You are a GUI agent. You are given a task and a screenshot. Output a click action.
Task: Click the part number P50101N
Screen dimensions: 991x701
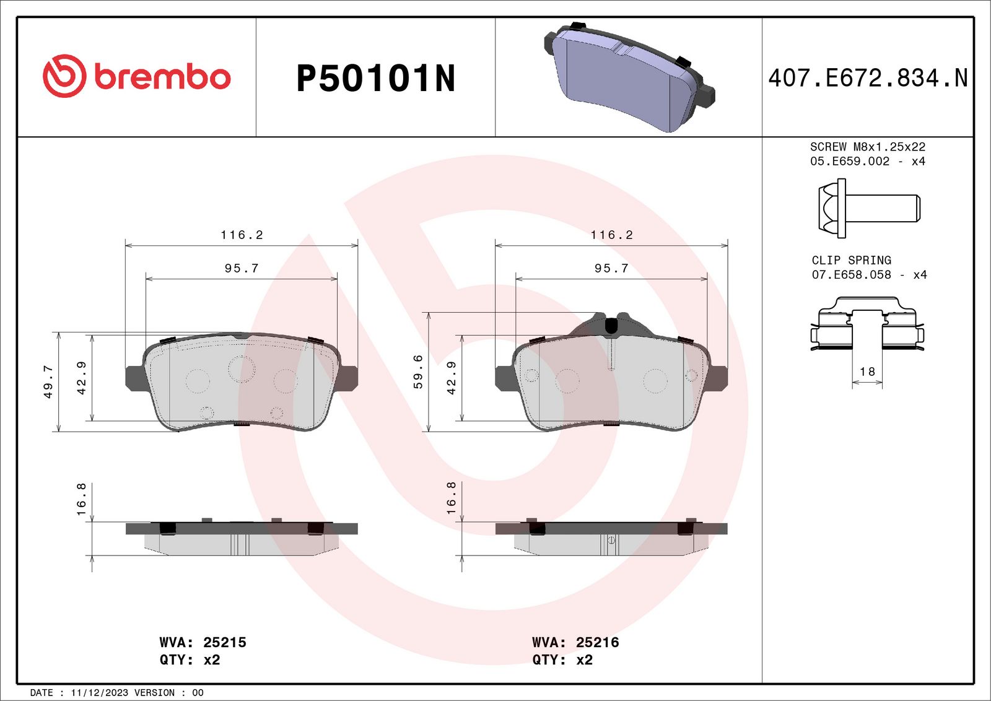point(375,78)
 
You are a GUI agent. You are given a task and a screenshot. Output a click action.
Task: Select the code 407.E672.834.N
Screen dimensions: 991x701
point(868,78)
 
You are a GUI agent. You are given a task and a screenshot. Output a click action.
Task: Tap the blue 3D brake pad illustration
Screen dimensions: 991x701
point(629,77)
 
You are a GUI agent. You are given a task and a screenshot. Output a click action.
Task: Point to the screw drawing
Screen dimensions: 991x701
point(870,208)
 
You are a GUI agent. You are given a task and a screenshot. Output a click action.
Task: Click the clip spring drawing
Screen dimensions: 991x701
point(867,324)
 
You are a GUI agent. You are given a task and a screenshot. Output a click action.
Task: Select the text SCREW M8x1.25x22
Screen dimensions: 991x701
point(868,146)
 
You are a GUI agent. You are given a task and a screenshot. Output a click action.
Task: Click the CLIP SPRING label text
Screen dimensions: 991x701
point(851,260)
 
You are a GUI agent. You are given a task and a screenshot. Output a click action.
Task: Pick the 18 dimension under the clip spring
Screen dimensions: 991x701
point(867,372)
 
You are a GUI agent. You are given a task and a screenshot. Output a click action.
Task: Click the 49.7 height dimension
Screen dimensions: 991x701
point(48,381)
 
